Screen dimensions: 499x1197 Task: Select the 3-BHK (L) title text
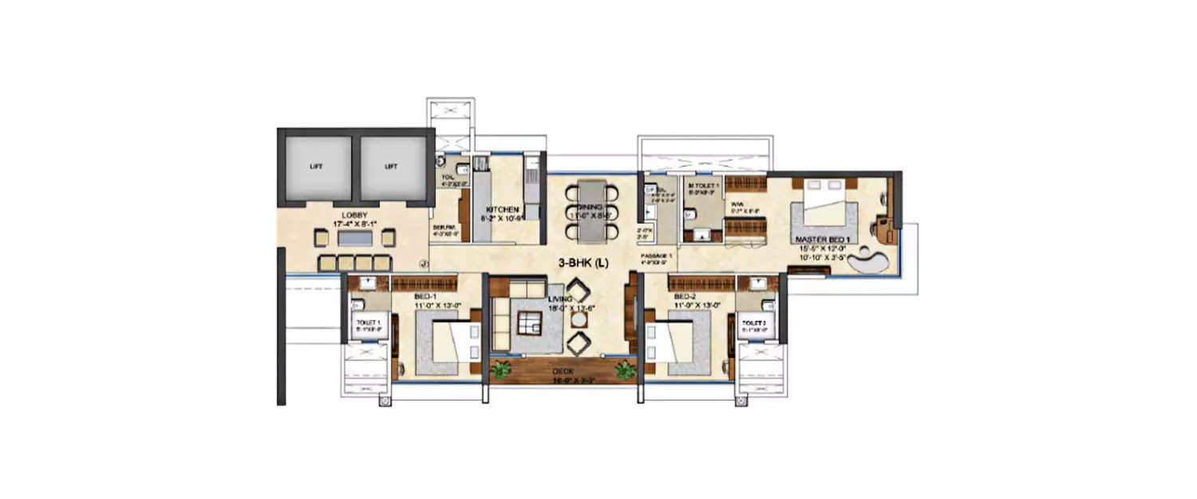coord(582,263)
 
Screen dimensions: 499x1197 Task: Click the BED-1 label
coord(425,295)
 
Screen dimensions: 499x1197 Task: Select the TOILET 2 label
coord(754,323)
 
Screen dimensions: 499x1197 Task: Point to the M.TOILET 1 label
coord(704,185)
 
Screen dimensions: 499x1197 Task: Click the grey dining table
coord(591,211)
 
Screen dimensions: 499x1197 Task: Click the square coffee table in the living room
coord(529,323)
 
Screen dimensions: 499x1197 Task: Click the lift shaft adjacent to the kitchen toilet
coord(390,168)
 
